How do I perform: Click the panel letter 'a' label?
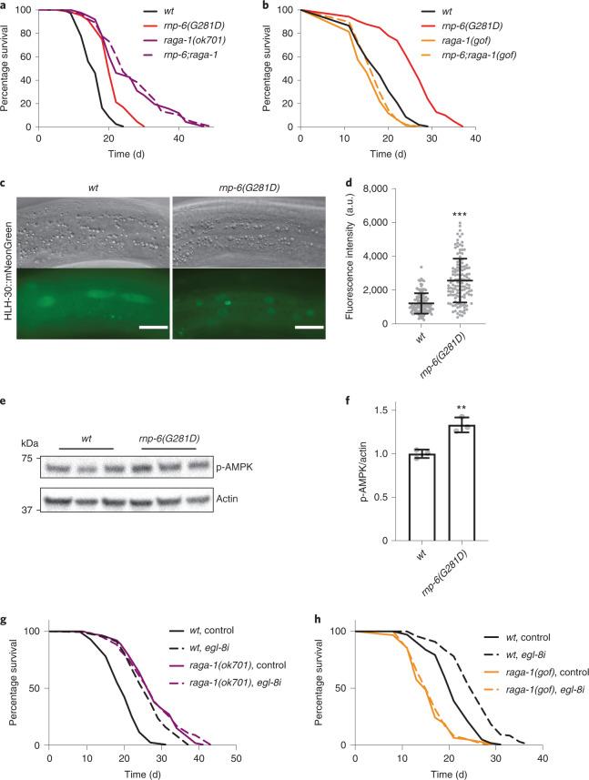click(5, 5)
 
